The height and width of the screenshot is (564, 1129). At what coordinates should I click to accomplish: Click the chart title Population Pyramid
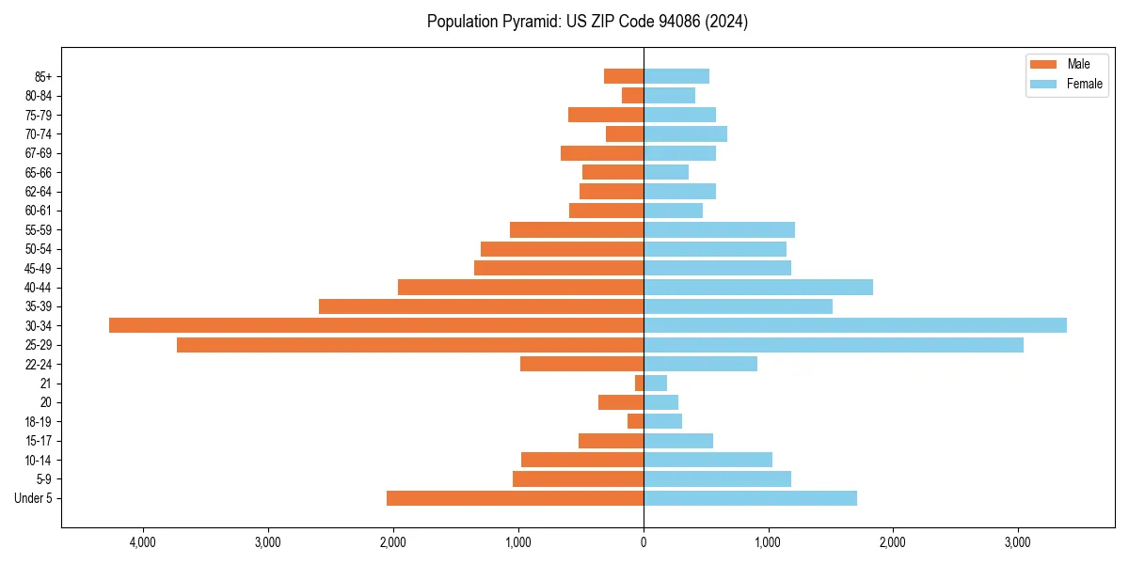pos(587,22)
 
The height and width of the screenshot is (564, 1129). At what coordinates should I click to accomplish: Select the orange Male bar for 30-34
pos(376,325)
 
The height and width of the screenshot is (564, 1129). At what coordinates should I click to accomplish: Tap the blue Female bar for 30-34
pos(855,325)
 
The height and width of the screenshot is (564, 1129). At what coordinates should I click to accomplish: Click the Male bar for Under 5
pos(515,498)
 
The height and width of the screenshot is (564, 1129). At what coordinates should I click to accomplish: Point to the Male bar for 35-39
pos(481,306)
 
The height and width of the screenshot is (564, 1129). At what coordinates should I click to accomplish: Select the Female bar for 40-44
pos(758,287)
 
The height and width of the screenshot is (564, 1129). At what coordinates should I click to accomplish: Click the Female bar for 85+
pos(676,76)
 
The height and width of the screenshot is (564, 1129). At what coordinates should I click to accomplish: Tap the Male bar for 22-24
pos(581,364)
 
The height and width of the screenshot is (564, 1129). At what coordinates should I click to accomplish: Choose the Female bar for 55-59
pos(719,229)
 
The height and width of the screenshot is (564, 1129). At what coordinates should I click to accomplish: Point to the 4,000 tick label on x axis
pos(143,542)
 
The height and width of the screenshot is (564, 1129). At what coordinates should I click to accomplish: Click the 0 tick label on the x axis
pos(644,542)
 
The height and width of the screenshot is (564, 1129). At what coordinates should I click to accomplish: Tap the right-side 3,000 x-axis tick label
pos(1018,542)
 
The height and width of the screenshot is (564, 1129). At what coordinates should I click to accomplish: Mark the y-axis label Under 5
pos(33,498)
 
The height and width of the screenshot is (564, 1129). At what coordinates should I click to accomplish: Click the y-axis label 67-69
pos(39,153)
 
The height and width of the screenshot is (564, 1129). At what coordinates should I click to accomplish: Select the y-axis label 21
pos(45,384)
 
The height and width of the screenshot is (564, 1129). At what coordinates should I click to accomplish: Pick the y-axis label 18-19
pos(39,421)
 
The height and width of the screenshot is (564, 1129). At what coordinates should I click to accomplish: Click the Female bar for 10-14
pos(708,460)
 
